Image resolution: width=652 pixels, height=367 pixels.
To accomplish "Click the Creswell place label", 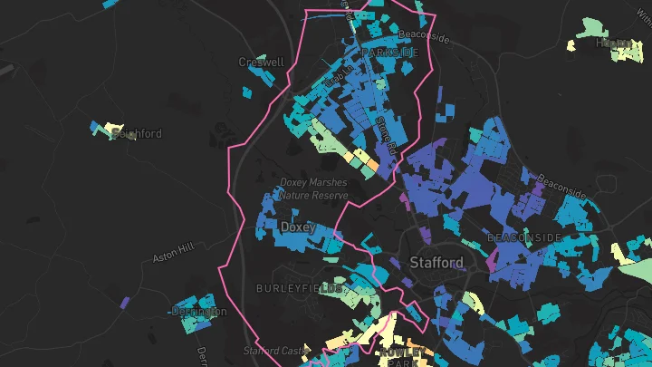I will [261, 63].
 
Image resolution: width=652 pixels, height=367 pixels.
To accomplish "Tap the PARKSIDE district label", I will [390, 53].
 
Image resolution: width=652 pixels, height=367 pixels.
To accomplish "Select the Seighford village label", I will [136, 134].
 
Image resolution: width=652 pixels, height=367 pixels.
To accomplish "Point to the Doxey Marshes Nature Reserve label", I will [313, 188].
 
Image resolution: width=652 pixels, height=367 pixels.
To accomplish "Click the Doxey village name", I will [297, 227].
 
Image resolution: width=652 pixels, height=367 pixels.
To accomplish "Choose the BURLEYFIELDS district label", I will [300, 288].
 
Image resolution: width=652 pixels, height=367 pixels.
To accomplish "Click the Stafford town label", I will [436, 263].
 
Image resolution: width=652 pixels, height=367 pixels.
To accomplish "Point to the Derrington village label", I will [198, 312].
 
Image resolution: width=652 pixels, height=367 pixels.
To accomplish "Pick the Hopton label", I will [613, 43].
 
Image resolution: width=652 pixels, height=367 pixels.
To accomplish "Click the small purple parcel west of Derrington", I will [124, 302].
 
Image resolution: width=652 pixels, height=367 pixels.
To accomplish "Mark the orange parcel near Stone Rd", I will [372, 168].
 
